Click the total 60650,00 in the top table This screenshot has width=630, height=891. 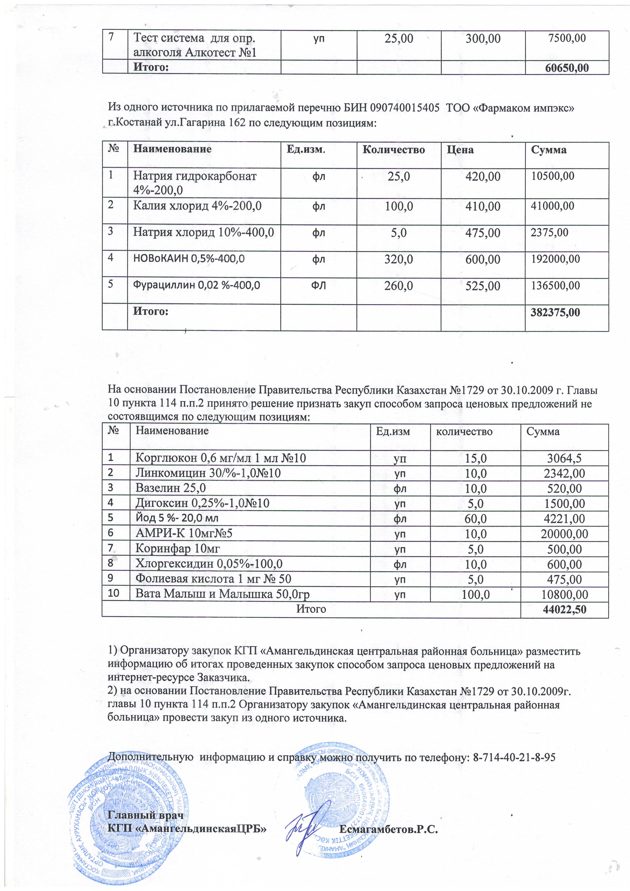coord(567,68)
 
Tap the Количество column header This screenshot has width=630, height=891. coord(393,150)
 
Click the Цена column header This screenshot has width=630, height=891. coord(460,150)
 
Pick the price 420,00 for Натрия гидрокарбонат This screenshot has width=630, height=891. coord(483,177)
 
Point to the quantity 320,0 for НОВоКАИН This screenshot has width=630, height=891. coord(399,259)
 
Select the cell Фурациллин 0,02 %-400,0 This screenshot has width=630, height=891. coord(196,285)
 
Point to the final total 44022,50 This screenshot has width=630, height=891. coord(564,609)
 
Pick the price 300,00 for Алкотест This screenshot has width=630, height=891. coord(483,39)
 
